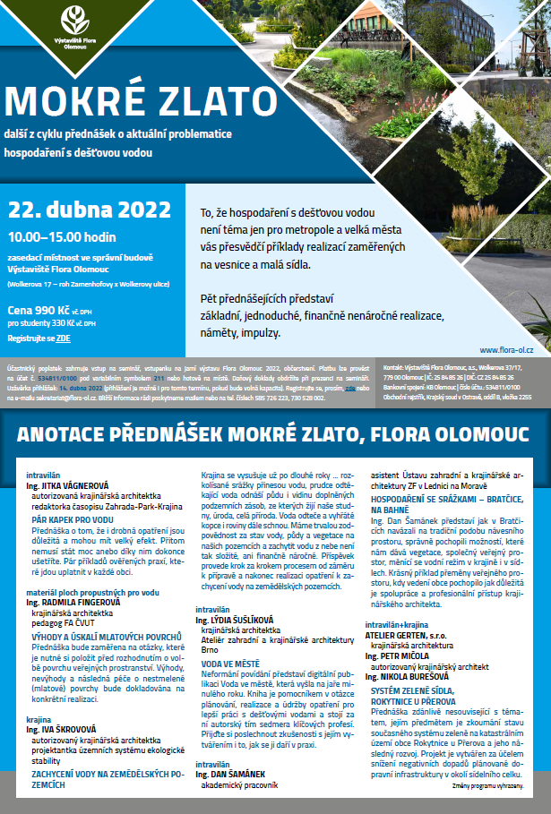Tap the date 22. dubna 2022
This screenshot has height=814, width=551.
(89, 210)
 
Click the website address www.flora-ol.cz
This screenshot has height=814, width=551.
(506, 350)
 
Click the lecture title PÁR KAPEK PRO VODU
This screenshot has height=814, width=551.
(73, 519)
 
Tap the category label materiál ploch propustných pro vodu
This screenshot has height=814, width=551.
(92, 592)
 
